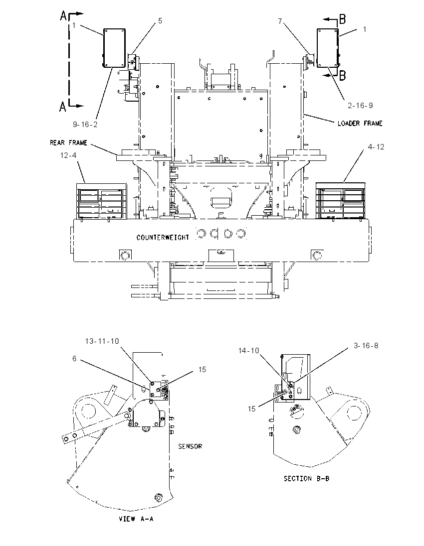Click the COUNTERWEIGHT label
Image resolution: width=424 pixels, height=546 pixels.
click(x=163, y=238)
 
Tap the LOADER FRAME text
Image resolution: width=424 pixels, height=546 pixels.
click(x=360, y=123)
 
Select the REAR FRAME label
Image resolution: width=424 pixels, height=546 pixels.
click(x=68, y=143)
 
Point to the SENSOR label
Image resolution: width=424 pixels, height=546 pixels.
click(x=190, y=446)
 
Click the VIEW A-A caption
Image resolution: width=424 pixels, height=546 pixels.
click(x=136, y=519)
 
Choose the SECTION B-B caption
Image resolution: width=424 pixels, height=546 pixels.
click(x=306, y=478)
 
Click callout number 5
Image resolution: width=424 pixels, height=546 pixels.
click(x=160, y=21)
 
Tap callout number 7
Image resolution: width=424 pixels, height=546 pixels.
click(x=280, y=21)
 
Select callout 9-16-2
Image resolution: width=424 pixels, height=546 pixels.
click(x=85, y=125)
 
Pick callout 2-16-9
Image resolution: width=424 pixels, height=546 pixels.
click(x=360, y=105)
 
